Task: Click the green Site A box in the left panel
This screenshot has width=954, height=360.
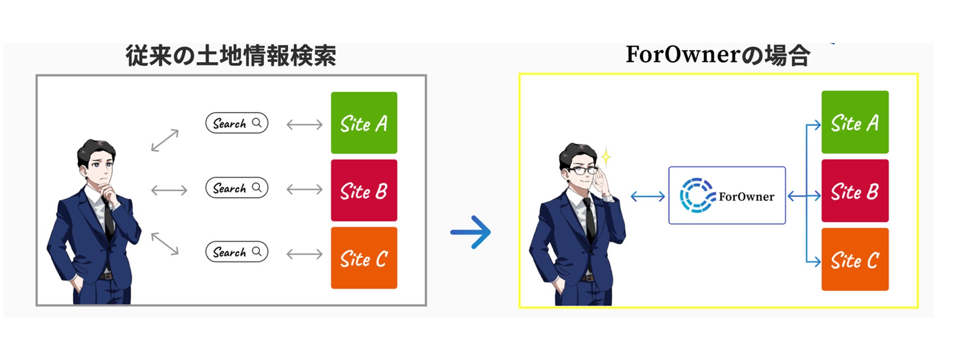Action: (x=363, y=123)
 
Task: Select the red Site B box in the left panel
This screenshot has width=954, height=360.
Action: (x=363, y=190)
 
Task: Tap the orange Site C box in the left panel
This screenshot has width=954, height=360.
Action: (x=363, y=258)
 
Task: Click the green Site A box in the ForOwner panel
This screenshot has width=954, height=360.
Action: (x=855, y=122)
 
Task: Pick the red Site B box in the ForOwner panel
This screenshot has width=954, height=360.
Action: (x=855, y=191)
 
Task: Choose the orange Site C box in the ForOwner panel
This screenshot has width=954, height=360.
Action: (x=855, y=259)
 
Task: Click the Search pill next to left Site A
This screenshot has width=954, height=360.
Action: (x=237, y=123)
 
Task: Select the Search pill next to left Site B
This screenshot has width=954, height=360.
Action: (x=237, y=188)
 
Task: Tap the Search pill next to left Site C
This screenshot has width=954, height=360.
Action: (x=237, y=252)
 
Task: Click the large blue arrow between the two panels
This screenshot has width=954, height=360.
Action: (x=471, y=232)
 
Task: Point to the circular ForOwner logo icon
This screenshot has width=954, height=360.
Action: (x=697, y=196)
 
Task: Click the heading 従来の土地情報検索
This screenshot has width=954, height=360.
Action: (x=231, y=56)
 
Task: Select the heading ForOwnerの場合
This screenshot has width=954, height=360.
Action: (x=718, y=55)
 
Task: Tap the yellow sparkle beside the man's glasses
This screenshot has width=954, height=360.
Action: (x=606, y=157)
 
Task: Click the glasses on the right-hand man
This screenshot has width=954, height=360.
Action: (x=582, y=170)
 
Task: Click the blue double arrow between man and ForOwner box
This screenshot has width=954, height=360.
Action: (x=647, y=197)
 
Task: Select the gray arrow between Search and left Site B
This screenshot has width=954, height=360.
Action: (x=304, y=189)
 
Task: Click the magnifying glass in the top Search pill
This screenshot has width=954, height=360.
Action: (x=257, y=123)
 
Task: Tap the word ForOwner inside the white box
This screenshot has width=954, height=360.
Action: (x=746, y=197)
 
